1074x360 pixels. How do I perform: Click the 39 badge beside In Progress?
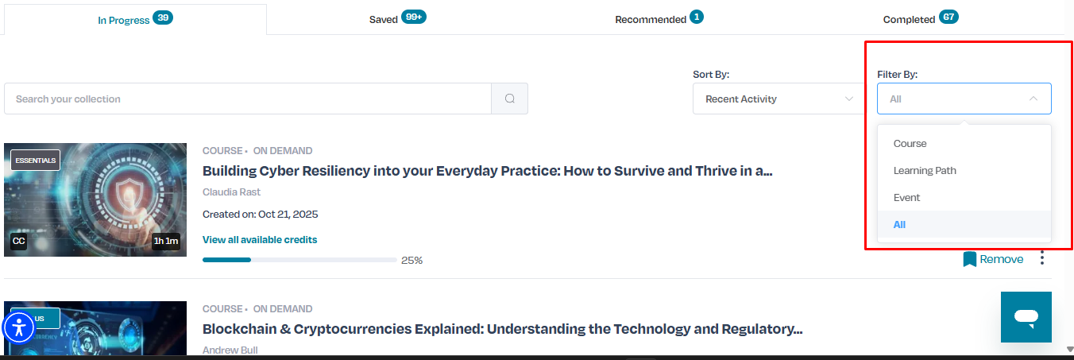tap(163, 17)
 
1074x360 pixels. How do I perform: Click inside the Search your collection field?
tap(247, 99)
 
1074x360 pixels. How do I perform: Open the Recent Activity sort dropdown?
tap(778, 99)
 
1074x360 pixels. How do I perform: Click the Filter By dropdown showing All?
tap(964, 99)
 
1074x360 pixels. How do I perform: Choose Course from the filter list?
tap(910, 143)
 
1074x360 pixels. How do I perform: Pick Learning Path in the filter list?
tap(925, 171)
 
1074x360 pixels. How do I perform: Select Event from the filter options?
tap(906, 198)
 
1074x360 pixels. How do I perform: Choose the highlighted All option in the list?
tap(899, 224)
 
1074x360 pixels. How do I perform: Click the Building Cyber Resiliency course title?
tap(487, 171)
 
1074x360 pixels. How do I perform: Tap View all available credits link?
tap(260, 240)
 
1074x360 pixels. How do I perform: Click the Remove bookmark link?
tap(993, 259)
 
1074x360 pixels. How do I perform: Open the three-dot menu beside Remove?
tap(1042, 258)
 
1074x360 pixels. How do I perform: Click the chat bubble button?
tap(1026, 317)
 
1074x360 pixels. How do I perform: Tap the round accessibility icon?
tap(19, 328)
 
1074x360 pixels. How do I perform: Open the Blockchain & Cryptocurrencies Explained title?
tap(502, 329)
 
